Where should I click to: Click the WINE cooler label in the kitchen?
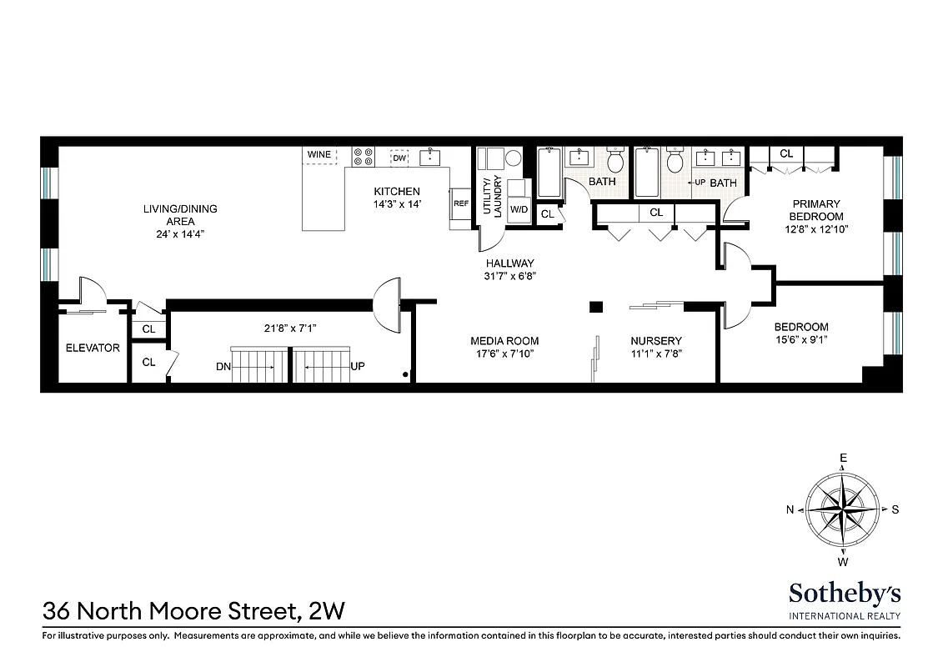tap(319, 155)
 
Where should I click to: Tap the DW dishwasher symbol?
tap(399, 158)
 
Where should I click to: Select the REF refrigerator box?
tap(460, 203)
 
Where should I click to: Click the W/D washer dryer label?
tap(518, 208)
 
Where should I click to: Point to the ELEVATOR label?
tap(93, 348)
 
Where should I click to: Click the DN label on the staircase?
tap(222, 365)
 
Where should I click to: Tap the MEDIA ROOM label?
tap(504, 341)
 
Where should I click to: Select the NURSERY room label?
tap(655, 341)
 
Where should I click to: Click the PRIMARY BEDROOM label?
tap(816, 210)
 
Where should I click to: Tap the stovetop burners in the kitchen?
tap(363, 158)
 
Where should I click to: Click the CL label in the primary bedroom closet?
tap(786, 153)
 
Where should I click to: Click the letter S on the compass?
tap(895, 510)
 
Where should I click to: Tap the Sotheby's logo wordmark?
tap(844, 593)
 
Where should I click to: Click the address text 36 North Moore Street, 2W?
tap(193, 613)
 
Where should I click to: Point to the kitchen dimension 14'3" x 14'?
tap(397, 204)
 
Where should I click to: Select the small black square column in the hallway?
tap(595, 307)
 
